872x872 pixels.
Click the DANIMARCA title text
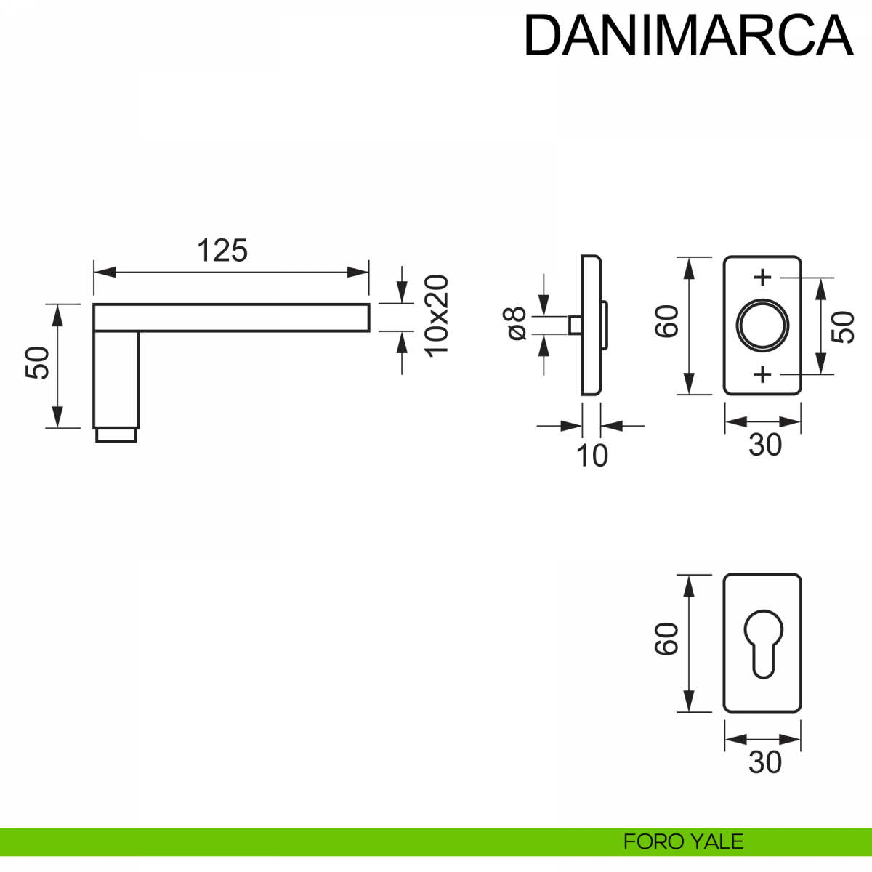(687, 35)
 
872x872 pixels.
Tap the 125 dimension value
(222, 251)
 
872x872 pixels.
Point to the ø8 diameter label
(516, 323)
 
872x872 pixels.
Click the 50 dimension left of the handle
(38, 363)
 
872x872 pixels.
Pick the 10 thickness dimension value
(592, 456)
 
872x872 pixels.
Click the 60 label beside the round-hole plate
(666, 321)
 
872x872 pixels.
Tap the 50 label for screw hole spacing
(843, 327)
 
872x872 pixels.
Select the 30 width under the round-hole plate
(764, 445)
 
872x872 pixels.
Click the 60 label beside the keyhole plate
(666, 639)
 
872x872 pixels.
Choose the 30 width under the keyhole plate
(764, 762)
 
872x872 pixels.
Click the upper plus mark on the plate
(762, 277)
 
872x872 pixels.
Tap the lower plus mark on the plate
(762, 374)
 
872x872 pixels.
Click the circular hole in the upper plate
(762, 325)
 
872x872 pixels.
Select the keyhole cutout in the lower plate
(762, 642)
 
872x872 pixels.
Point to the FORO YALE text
(683, 841)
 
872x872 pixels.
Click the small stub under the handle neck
(116, 435)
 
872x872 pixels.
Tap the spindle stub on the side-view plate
(574, 325)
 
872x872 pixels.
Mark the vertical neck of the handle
(116, 378)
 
